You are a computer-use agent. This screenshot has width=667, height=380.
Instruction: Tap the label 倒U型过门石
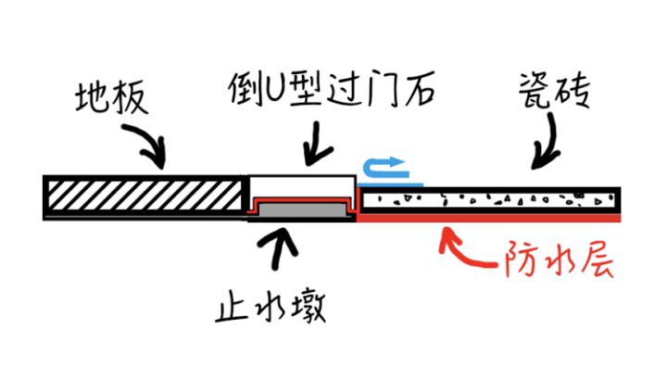331,91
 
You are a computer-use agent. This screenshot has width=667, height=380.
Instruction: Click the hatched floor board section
139,196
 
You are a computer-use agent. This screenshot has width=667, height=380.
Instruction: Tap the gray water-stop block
301,212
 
